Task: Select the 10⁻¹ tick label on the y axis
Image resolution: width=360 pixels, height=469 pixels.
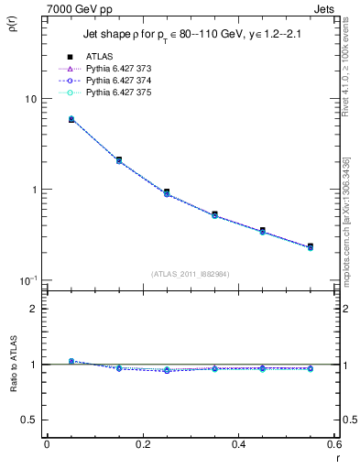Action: (x=27, y=279)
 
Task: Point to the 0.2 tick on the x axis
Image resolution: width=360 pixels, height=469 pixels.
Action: (x=142, y=444)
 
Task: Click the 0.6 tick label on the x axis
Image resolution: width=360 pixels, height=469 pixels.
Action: (x=333, y=444)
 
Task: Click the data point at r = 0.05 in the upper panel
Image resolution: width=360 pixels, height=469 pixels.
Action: (x=71, y=119)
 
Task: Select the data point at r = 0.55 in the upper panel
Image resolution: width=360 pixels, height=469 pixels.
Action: (x=311, y=246)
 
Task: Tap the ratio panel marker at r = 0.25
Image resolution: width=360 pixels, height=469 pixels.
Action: (x=167, y=370)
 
